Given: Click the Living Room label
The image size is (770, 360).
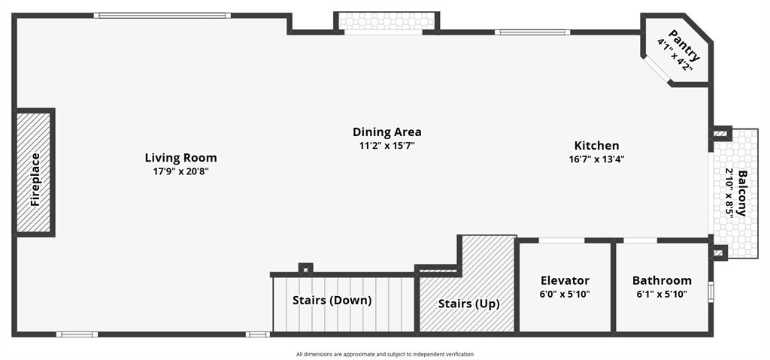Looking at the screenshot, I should (x=180, y=158).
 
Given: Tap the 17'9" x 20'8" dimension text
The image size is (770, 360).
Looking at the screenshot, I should (x=180, y=171).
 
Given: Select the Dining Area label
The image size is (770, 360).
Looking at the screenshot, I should (x=387, y=132).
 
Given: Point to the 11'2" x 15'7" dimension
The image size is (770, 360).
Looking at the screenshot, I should (x=387, y=146).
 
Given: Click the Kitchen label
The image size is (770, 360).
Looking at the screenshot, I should (x=596, y=146).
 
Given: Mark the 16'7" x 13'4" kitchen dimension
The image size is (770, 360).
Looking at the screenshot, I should (x=596, y=159).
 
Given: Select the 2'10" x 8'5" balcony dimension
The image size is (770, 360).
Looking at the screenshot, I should (x=729, y=192).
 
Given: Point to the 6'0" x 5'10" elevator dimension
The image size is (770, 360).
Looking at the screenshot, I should (x=565, y=294).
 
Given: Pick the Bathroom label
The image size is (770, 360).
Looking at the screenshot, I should (x=661, y=280).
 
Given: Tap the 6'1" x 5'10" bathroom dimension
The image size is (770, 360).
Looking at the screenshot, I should (x=661, y=294).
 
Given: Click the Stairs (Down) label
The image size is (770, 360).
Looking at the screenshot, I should (x=332, y=301).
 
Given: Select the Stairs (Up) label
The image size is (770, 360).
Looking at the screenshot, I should (x=468, y=304).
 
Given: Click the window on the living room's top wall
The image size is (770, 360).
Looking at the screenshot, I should (x=162, y=15).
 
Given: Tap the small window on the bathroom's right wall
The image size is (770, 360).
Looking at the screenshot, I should (x=711, y=291).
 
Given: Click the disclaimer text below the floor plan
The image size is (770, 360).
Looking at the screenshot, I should (x=385, y=354).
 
